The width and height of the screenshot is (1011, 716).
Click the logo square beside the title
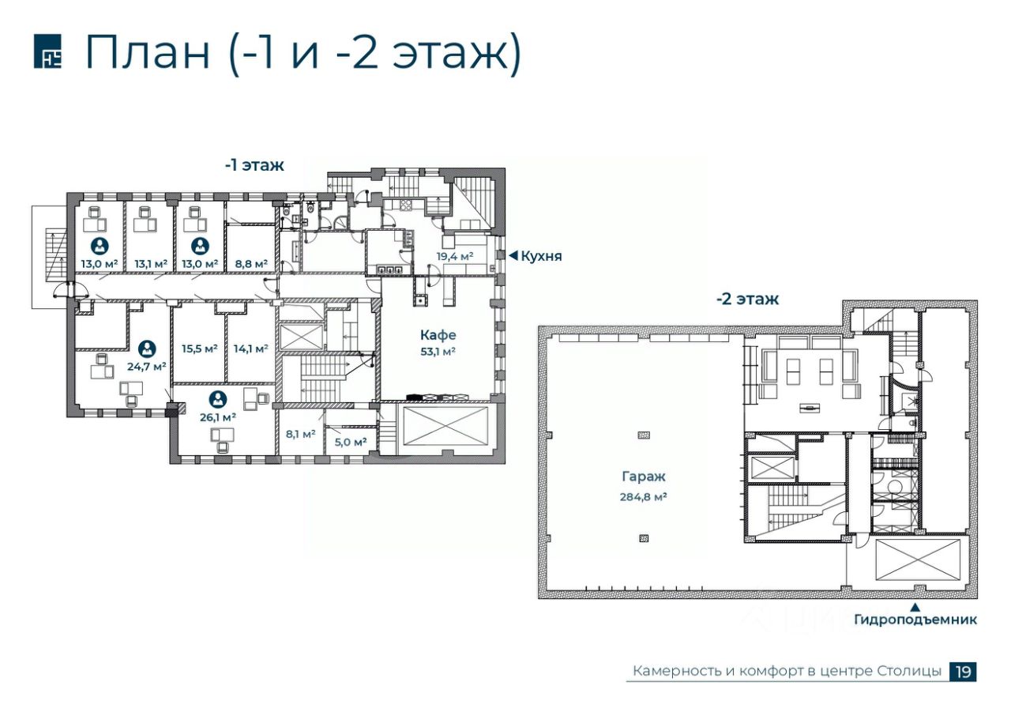tap(48, 51)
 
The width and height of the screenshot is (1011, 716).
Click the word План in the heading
tap(148, 52)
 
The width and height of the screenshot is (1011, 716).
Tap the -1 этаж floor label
tap(254, 165)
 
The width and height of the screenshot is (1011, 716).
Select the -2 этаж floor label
tap(747, 299)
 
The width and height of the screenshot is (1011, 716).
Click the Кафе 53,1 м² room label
tap(438, 343)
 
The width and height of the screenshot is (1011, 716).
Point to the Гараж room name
tap(644, 477)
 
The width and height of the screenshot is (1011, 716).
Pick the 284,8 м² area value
tap(644, 497)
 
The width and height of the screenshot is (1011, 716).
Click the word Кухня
tap(541, 256)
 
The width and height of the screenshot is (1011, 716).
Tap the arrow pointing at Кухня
tap(513, 255)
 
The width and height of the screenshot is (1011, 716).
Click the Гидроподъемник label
tap(915, 620)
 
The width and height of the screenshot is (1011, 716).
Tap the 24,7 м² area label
tap(146, 366)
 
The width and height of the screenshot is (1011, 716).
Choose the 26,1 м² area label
tap(218, 417)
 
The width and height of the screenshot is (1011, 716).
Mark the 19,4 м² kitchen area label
tap(454, 256)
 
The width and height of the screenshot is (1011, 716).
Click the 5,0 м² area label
tap(351, 442)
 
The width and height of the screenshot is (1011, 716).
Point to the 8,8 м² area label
tap(251, 264)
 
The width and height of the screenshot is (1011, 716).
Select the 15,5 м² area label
tap(200, 349)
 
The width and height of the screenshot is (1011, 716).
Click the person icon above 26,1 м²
tap(218, 399)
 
